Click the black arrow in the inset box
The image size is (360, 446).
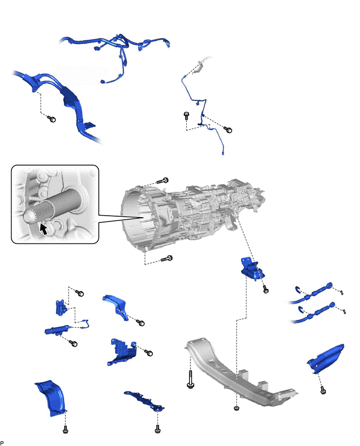pos(43,229)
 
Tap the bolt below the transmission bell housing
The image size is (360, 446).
pos(166,259)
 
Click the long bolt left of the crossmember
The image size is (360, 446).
pos(190,380)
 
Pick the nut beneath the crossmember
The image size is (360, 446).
pos(236,408)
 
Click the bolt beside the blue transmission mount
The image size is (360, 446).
pos(266,289)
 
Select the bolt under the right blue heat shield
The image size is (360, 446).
pos(323,391)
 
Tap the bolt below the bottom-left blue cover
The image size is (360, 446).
pos(65,429)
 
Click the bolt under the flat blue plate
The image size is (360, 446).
pos(158,429)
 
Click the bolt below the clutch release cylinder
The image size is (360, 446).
pos(73,343)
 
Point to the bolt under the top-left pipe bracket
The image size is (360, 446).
pos(51,119)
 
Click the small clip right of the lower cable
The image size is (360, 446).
pos(344,311)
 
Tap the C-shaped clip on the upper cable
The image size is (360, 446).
pos(298,289)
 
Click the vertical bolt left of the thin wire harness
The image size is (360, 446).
pos(186,116)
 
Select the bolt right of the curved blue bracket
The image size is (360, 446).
pos(140,322)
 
